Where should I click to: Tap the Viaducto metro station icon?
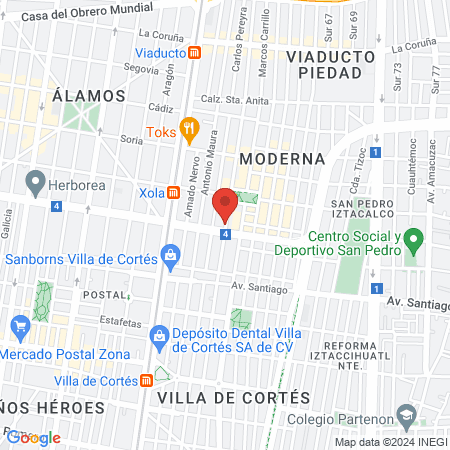coord(195,52)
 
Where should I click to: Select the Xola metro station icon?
coord(173,191)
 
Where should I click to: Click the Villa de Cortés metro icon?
coord(147,381)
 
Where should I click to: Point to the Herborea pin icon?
coord(36,181)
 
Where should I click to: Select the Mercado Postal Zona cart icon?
coord(19,325)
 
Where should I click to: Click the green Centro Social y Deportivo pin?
coord(418,239)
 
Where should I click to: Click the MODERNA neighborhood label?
coord(283,158)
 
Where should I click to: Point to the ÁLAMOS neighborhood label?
coord(89,96)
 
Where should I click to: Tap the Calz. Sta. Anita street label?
coord(238,99)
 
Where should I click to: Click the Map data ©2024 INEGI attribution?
coord(390,442)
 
